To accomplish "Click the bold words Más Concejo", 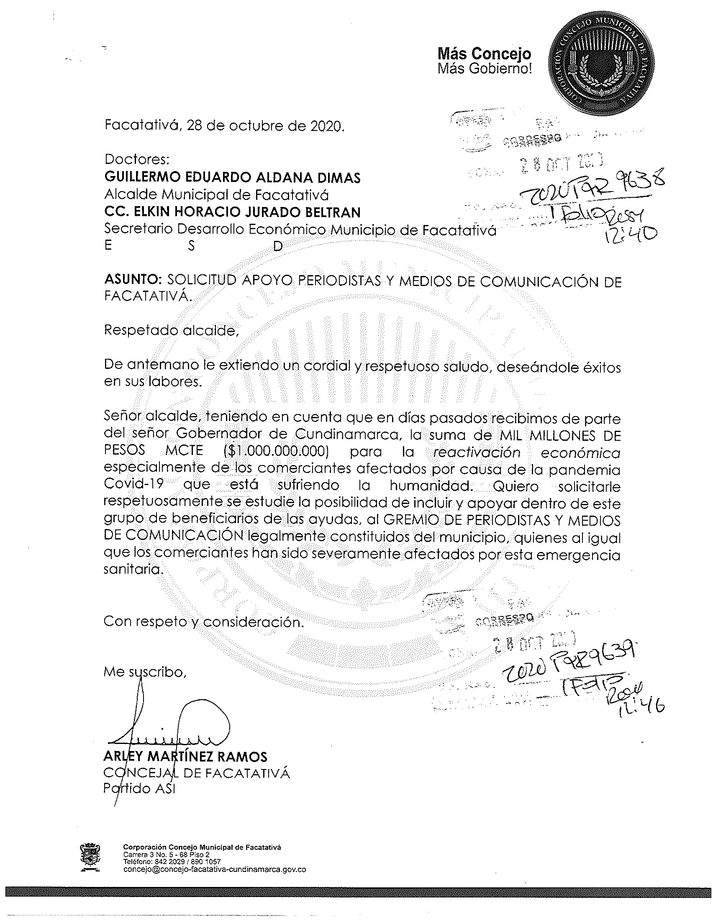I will (x=485, y=54).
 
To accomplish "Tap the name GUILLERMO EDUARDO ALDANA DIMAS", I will (x=232, y=177).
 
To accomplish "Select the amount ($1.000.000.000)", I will (x=276, y=451).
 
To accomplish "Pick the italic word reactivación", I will (x=477, y=452).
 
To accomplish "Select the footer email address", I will (x=215, y=869).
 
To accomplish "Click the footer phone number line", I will (x=172, y=862).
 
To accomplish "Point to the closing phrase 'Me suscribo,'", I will (x=144, y=672).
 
